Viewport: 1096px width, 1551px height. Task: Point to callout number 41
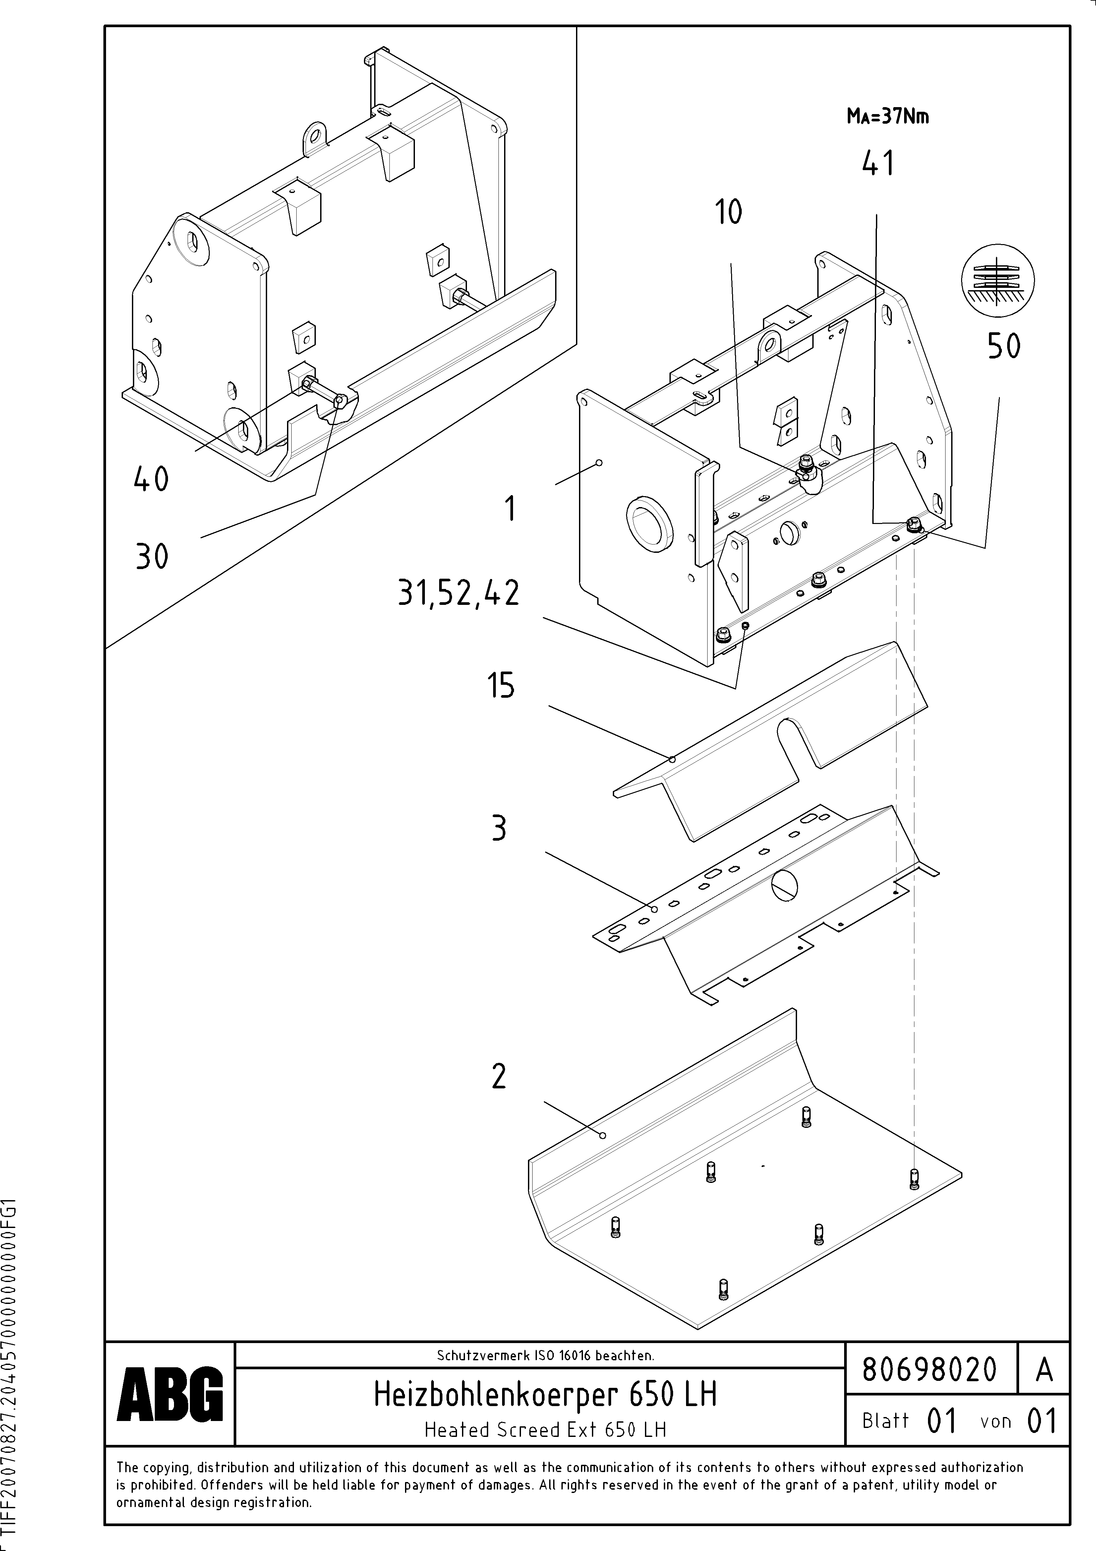tap(878, 164)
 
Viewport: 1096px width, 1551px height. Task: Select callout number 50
tap(1004, 347)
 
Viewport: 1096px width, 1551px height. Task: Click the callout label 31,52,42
tap(459, 594)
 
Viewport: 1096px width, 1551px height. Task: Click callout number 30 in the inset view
tap(151, 557)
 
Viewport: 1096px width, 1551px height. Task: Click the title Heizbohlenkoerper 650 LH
tap(545, 1395)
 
